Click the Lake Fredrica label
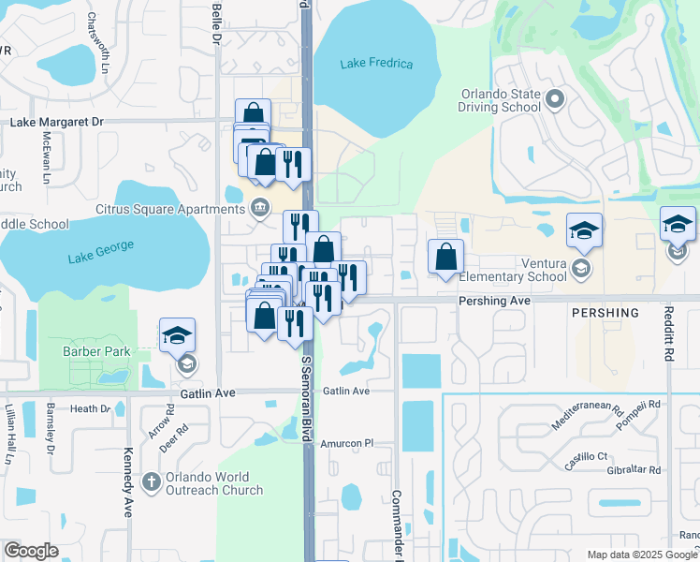coord(377,64)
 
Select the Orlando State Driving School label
coord(500,100)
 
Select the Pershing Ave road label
coord(494,301)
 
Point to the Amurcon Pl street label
coord(348,442)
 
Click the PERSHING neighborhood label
coord(605,313)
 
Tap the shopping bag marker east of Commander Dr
coord(446,257)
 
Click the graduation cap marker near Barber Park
coord(176,336)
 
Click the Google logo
coord(31,552)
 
